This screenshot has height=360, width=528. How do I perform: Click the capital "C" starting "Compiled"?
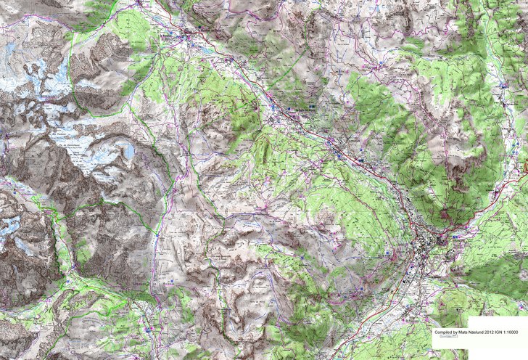[435, 332]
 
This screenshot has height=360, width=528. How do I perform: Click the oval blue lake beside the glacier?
[128, 151]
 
